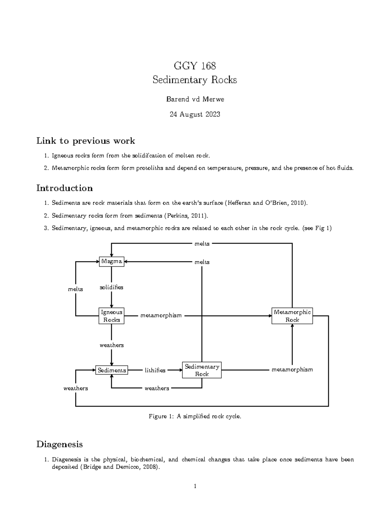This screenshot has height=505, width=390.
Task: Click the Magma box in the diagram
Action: [x=111, y=261]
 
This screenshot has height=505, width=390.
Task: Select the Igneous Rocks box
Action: [x=111, y=316]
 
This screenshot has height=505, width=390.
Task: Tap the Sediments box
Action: [x=111, y=370]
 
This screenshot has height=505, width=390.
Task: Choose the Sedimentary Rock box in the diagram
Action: [x=202, y=370]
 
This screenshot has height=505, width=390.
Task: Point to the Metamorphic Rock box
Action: [x=292, y=316]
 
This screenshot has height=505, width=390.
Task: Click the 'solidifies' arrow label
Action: [x=111, y=287]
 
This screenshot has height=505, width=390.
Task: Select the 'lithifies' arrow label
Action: [x=155, y=370]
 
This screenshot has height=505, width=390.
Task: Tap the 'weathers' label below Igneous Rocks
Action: [x=111, y=345]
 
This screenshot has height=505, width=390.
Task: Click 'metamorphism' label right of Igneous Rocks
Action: [x=161, y=316]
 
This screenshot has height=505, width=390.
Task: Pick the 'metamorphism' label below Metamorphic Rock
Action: [x=292, y=370]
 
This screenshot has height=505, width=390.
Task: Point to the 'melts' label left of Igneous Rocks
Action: [x=75, y=289]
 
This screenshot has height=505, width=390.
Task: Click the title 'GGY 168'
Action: [x=195, y=66]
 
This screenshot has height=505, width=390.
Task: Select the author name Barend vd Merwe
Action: [x=195, y=100]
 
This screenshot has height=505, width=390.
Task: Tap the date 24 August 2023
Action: [x=195, y=114]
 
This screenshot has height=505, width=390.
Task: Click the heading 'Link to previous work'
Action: [x=85, y=141]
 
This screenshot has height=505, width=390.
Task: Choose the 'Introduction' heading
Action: [x=64, y=188]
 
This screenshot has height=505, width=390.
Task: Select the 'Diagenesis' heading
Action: [x=59, y=444]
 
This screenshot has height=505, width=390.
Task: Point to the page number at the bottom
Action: [x=195, y=486]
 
